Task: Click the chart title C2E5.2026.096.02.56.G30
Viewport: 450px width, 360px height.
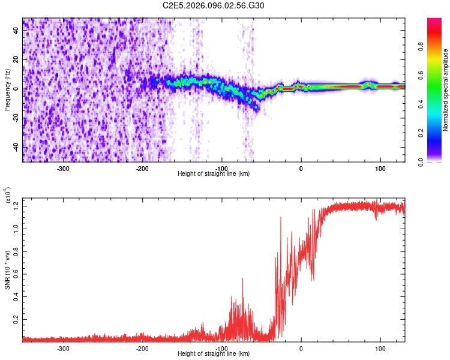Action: pyautogui.click(x=214, y=5)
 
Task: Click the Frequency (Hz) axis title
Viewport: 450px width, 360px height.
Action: pyautogui.click(x=7, y=91)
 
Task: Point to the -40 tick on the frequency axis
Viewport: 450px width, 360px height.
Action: pyautogui.click(x=15, y=147)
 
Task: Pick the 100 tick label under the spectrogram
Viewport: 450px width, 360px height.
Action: pyautogui.click(x=380, y=168)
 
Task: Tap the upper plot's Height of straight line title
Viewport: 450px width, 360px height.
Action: pyautogui.click(x=214, y=173)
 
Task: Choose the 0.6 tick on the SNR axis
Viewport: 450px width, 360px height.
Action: pyautogui.click(x=15, y=274)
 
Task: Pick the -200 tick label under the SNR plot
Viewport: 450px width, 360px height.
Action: pyautogui.click(x=143, y=348)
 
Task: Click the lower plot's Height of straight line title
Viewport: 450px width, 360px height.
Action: pyautogui.click(x=214, y=353)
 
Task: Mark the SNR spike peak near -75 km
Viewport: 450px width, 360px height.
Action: pyautogui.click(x=243, y=278)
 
